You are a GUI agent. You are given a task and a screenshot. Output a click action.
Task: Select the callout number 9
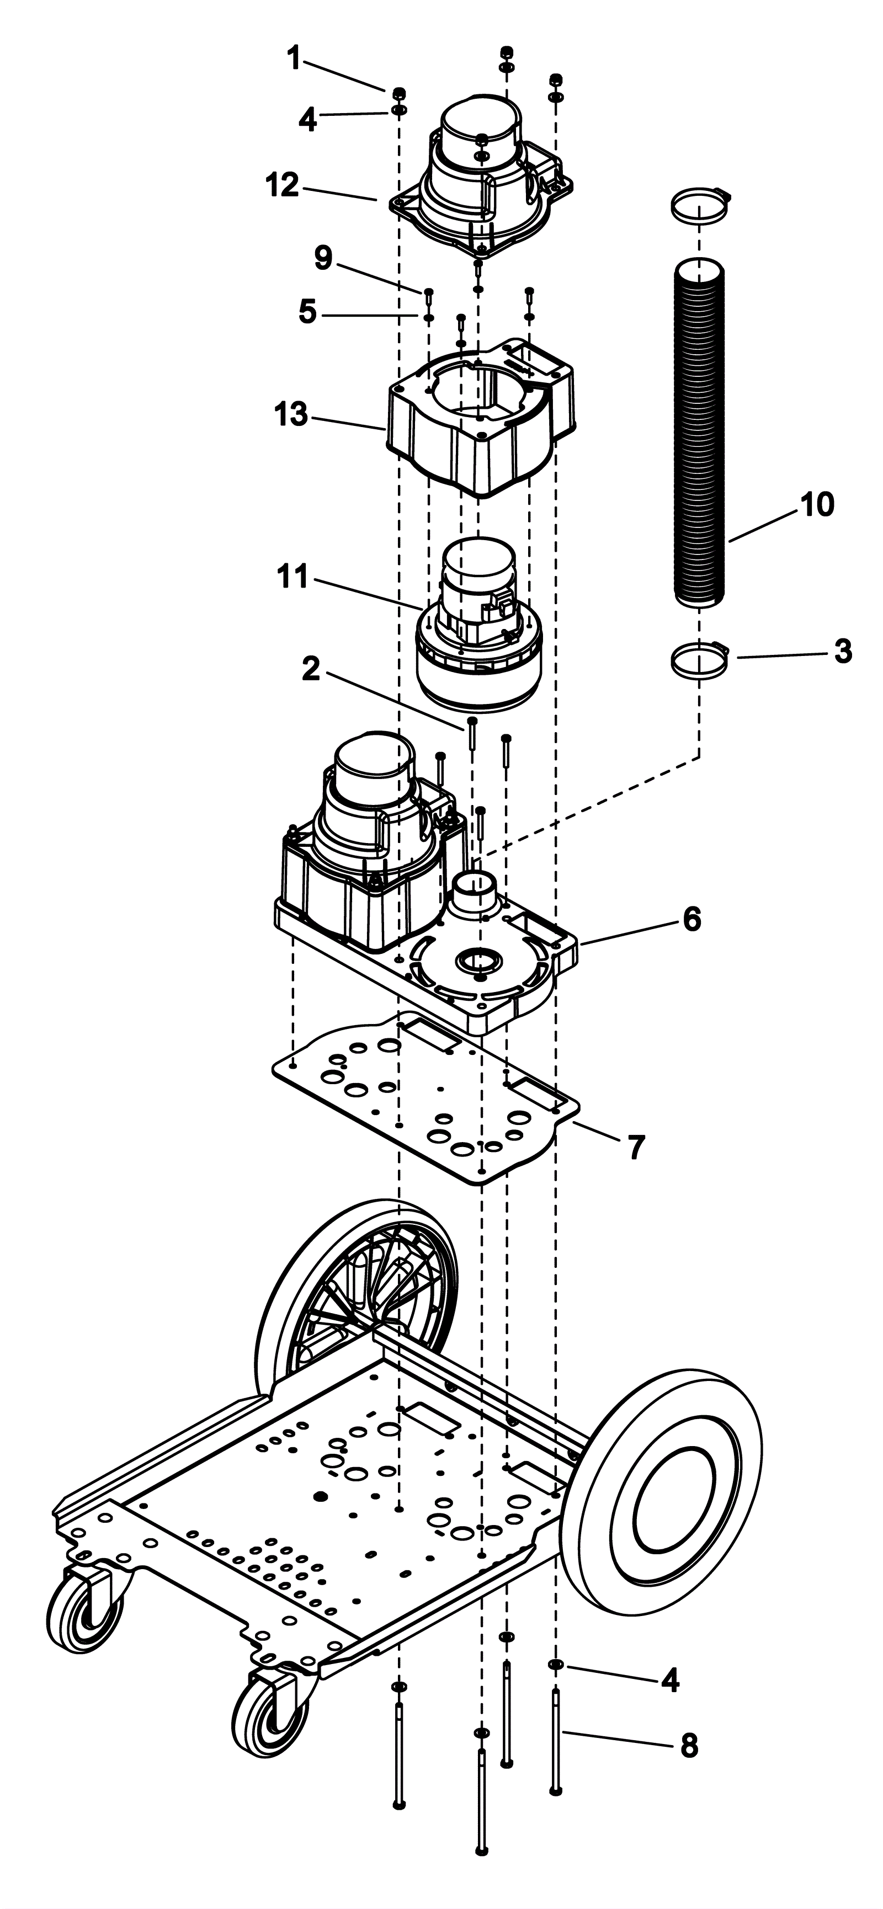click(323, 257)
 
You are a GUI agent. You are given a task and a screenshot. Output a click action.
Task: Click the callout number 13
click(291, 415)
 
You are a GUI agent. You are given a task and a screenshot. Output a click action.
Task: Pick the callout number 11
click(292, 576)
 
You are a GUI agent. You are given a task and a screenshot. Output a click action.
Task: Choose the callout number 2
click(311, 669)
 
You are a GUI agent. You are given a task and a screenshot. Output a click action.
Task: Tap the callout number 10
click(816, 505)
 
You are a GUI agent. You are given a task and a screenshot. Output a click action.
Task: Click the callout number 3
click(843, 652)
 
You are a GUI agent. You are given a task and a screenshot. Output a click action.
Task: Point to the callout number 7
click(637, 1147)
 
